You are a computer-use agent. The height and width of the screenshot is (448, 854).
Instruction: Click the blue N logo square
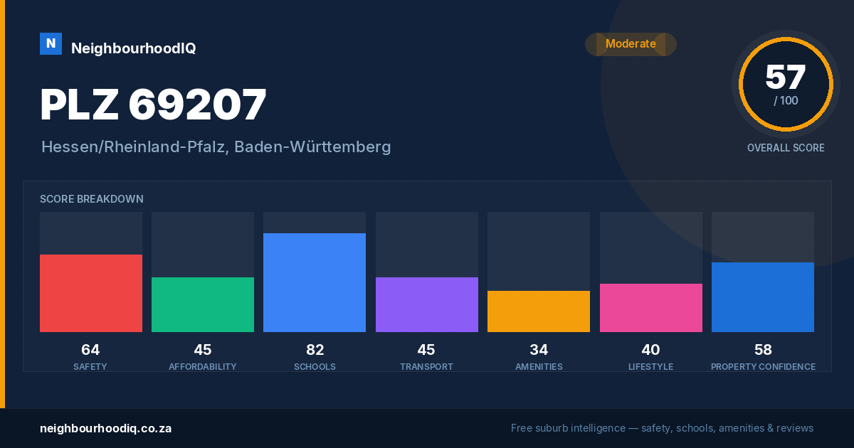pos(51,44)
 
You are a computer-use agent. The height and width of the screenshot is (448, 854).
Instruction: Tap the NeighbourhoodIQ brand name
pos(134,48)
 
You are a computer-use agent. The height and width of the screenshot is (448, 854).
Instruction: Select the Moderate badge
pos(631,44)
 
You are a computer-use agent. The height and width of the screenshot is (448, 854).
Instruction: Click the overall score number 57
pos(786,77)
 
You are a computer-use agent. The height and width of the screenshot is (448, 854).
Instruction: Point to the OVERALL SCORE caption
pos(786,148)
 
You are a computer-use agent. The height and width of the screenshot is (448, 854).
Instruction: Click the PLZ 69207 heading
pos(153,104)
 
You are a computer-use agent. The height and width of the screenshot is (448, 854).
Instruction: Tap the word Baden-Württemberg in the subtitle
pos(312,147)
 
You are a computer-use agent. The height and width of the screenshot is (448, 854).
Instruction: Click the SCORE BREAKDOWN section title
pos(92,199)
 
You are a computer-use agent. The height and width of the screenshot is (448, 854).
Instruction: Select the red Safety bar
pos(91,293)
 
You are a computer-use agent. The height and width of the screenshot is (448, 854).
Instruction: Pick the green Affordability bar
pos(203,305)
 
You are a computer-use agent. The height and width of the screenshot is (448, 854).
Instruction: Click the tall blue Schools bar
pos(315,283)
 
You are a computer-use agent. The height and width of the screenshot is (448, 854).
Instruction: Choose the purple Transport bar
pos(427,305)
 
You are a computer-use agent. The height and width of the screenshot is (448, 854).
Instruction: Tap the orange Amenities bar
pos(539,311)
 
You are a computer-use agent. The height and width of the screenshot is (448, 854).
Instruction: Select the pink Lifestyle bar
pos(651,308)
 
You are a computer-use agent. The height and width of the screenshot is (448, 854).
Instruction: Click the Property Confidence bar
pos(763,297)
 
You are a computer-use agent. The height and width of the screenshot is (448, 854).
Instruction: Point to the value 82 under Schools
pos(315,350)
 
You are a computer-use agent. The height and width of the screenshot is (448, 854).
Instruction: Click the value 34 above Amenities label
pos(539,350)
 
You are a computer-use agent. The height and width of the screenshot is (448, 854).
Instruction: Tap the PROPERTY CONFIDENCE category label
pos(763,367)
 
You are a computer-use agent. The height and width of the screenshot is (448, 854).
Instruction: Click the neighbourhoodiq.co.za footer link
pos(105,429)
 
